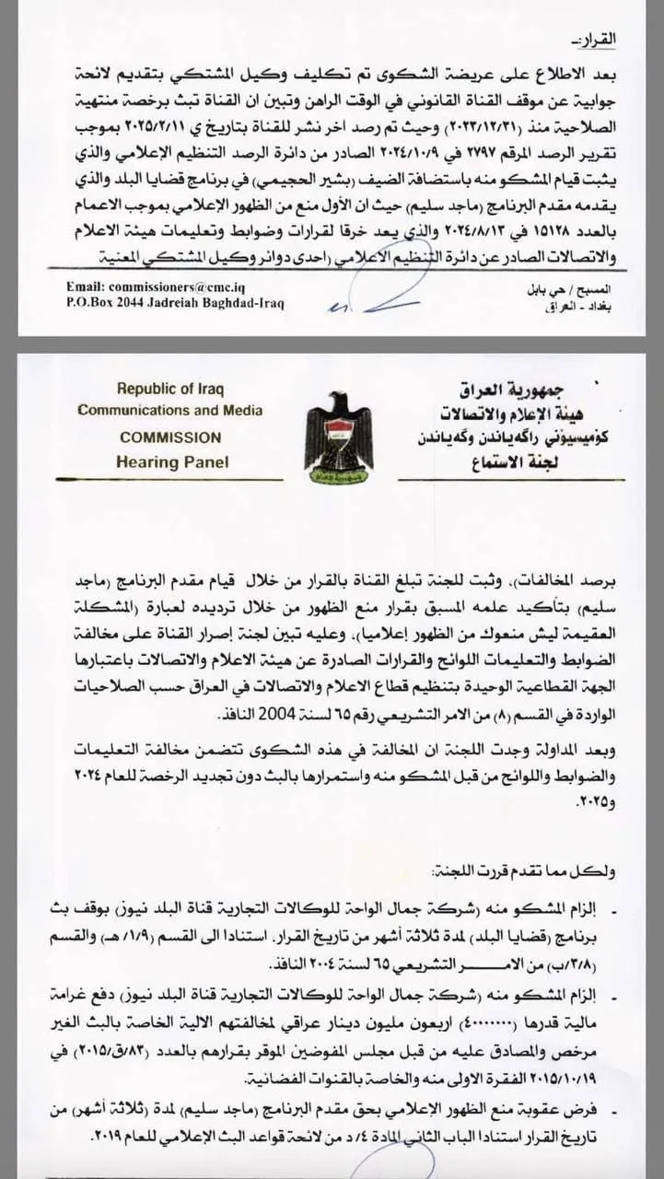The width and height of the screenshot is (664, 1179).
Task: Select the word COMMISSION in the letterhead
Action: (x=170, y=437)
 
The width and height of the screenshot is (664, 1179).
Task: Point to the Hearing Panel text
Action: (x=172, y=461)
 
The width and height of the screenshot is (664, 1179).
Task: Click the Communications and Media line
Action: (x=170, y=411)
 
